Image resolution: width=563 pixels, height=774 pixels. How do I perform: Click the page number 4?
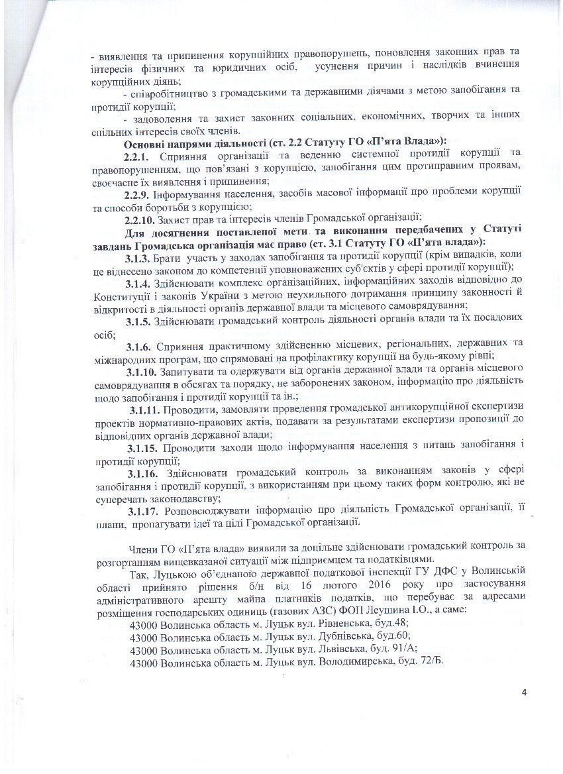point(524,693)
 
